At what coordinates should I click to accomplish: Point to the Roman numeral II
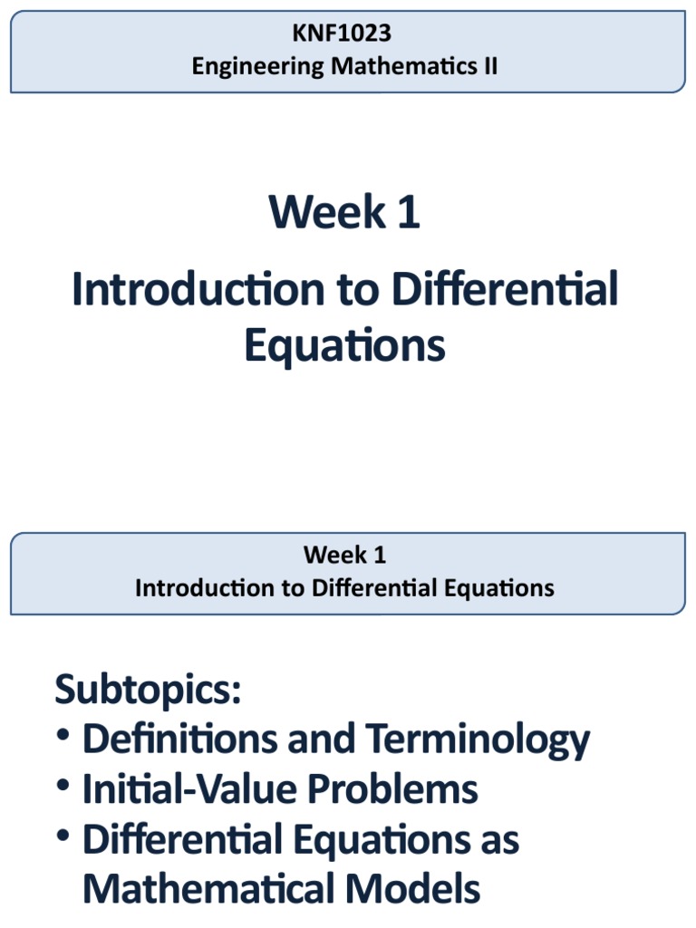tap(488, 66)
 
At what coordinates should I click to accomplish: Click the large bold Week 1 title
tap(344, 213)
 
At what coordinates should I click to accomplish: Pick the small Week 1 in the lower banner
tap(344, 555)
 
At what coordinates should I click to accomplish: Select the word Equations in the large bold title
tap(344, 346)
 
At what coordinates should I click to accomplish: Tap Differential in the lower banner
tap(373, 587)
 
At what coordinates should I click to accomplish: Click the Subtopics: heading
tap(149, 691)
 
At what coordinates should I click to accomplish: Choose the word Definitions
tap(179, 740)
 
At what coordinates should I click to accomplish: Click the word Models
tap(422, 889)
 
